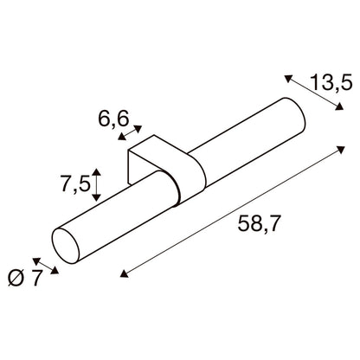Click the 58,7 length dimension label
[259, 224]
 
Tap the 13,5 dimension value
[331, 83]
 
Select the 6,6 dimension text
[113, 119]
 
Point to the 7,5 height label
[75, 184]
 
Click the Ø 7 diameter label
[25, 278]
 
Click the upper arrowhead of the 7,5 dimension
[96, 172]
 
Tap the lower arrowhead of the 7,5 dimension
[96, 197]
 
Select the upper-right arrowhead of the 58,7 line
[341, 150]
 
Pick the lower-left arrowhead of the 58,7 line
[124, 273]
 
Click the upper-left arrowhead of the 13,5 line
[288, 78]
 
